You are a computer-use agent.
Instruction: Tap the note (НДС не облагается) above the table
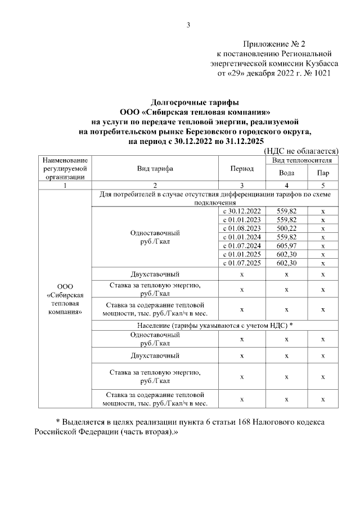coord(300,151)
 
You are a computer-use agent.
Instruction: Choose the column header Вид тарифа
coord(155,169)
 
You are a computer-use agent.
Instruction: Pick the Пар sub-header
coord(323,173)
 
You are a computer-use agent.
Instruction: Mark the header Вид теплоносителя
coord(304,160)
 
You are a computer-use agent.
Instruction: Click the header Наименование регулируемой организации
coord(65,169)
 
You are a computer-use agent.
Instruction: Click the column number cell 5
coord(323,185)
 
